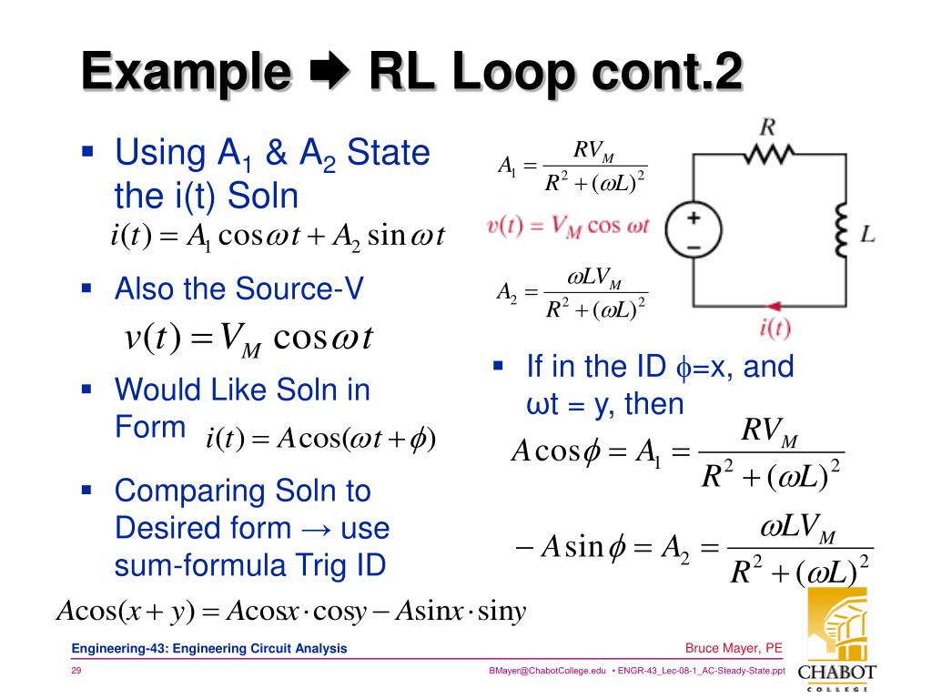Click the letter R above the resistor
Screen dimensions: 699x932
click(767, 127)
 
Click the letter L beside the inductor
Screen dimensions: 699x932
click(867, 235)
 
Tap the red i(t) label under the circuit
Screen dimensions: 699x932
click(774, 329)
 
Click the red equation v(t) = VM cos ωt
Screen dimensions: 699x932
click(567, 226)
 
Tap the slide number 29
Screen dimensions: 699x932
click(77, 671)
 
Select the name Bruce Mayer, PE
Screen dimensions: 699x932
click(734, 648)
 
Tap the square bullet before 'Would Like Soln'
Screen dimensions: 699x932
click(88, 389)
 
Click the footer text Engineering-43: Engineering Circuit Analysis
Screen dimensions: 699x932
click(210, 648)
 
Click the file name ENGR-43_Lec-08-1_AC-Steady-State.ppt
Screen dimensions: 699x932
click(701, 671)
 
